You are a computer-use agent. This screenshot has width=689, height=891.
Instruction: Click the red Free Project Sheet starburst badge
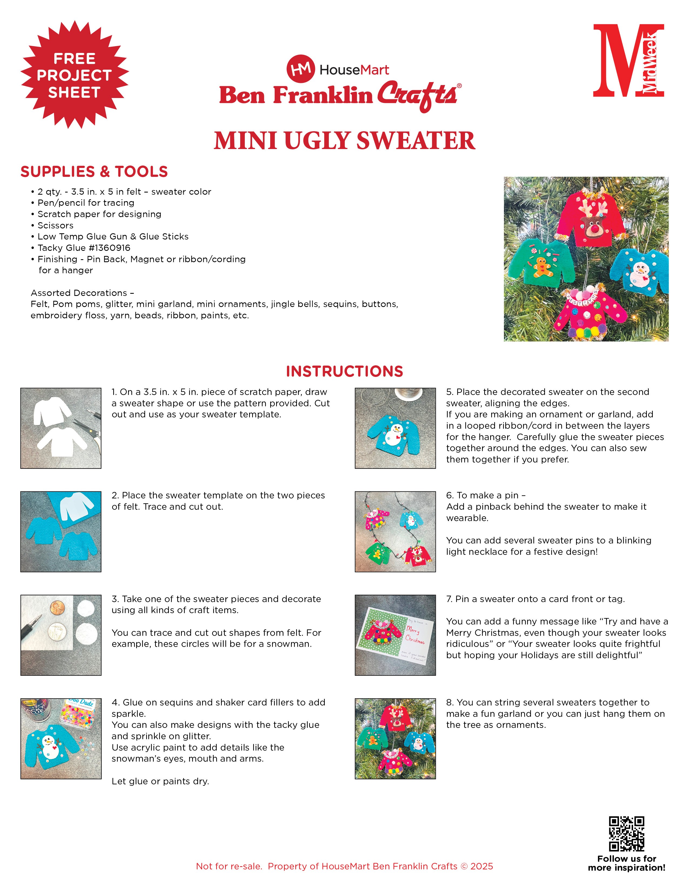(74, 75)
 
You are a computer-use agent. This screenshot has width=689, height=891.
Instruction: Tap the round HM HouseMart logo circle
(300, 69)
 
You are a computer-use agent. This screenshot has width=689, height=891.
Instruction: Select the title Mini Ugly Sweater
(344, 141)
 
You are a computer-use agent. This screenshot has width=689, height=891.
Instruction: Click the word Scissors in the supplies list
(55, 225)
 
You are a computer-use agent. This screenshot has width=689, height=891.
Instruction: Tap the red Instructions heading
(344, 371)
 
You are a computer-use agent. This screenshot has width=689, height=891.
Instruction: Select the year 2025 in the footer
(482, 866)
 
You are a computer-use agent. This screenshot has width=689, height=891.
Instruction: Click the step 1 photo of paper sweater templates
(61, 428)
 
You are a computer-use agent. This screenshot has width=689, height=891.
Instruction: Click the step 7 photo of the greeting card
(395, 635)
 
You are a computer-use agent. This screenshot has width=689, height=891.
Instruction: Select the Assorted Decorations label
(82, 293)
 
